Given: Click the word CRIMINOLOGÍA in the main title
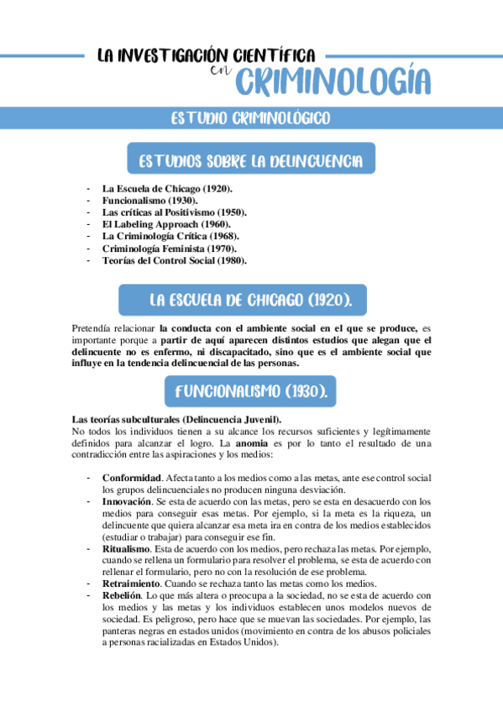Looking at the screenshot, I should point(333,82).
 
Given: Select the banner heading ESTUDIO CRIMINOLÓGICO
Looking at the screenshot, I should point(250,118).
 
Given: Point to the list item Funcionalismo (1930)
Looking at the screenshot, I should point(150,201).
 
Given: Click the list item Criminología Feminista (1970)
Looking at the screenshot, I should point(169,248).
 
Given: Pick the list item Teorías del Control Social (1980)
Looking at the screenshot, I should point(175,259).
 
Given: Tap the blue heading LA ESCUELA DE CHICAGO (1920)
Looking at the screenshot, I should point(250,300).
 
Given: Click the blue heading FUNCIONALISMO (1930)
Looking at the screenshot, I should point(250,391).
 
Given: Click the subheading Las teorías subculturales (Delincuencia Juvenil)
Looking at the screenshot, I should point(177,419).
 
